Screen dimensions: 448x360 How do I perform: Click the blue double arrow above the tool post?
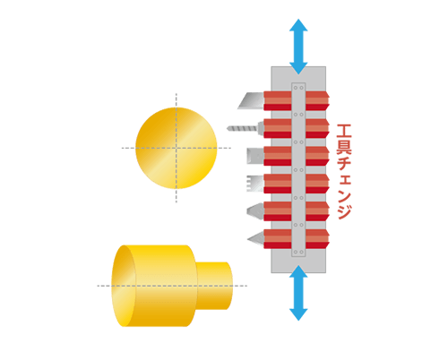coord(298,47)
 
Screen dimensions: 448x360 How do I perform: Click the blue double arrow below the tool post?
coord(298,293)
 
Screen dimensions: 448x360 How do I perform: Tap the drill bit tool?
coord(246,129)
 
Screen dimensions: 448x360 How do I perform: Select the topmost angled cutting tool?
coord(251,101)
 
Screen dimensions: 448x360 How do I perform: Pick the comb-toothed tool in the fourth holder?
coord(254,184)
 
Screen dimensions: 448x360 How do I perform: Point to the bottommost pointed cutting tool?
coord(255,239)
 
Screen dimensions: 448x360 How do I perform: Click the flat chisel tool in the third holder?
coord(255,156)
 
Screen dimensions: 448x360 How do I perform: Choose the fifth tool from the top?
coord(255,211)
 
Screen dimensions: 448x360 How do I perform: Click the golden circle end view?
coord(177,148)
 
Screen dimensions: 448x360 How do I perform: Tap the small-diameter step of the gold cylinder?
coord(214,286)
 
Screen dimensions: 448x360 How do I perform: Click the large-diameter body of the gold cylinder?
coord(154,286)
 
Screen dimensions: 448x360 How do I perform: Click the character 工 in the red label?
coord(344,131)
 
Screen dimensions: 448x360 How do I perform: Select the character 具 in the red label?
coord(344,146)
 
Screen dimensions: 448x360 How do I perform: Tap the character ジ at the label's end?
coord(344,211)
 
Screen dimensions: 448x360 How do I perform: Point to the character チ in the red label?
coord(344,163)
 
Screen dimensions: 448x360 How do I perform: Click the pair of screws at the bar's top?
coord(298,88)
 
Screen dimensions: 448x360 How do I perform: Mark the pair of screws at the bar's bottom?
coord(298,252)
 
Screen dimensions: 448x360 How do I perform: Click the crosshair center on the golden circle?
coord(177,148)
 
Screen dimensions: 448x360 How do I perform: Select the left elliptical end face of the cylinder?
coord(123,286)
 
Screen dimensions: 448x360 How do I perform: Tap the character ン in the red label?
coord(344,196)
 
